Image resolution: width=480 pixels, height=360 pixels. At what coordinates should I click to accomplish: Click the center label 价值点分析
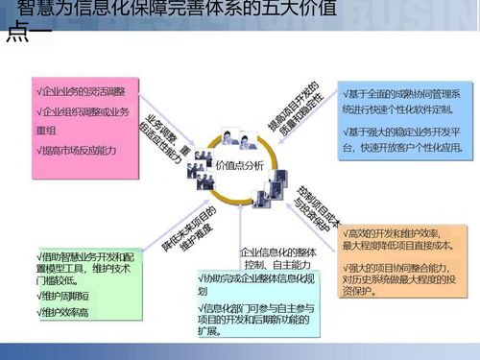pos(239,164)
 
